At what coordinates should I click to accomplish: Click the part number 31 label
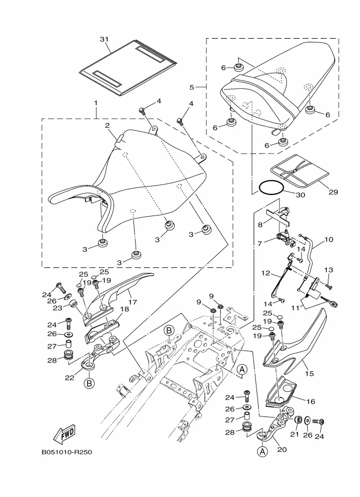click(105, 39)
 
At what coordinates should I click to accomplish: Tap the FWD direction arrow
click(64, 434)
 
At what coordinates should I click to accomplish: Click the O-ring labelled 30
click(271, 188)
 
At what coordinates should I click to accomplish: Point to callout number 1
click(96, 102)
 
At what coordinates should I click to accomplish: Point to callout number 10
click(328, 239)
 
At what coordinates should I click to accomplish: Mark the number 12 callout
click(265, 273)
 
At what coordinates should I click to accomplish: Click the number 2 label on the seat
click(108, 125)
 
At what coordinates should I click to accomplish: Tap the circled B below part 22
click(89, 383)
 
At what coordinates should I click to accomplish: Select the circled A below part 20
click(263, 451)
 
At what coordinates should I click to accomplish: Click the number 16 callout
click(311, 401)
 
